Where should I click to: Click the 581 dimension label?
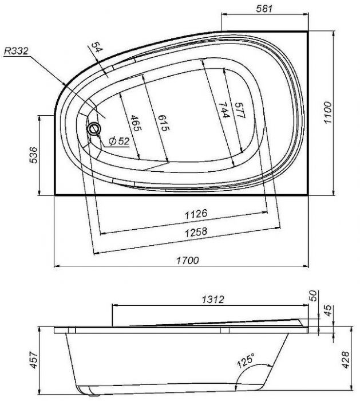pos(264,9)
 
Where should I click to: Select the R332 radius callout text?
pos(16,51)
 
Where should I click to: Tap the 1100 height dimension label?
pos(327,112)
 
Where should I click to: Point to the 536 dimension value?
pos(33,155)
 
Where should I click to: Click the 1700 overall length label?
pos(188,260)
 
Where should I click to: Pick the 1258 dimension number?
pos(196,232)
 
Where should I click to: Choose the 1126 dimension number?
pos(196,214)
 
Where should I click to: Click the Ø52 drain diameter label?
pos(119,141)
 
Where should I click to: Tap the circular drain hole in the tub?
pos(94,128)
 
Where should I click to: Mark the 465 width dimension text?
pos(136,123)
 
